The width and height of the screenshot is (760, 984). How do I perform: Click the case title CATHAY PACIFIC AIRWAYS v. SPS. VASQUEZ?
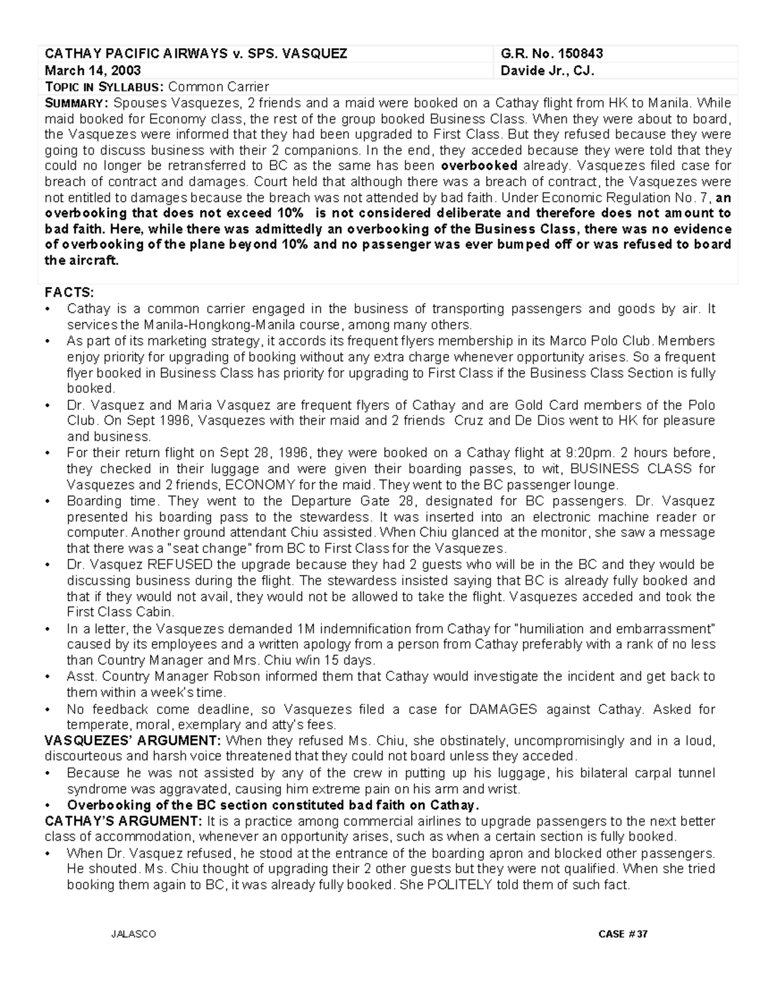pos(196,54)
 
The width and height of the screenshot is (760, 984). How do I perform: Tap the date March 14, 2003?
pos(92,70)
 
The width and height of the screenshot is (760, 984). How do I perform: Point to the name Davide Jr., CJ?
pos(547,70)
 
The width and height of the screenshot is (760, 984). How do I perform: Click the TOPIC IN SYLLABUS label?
pos(104,87)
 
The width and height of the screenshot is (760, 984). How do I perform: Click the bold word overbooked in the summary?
pos(479,166)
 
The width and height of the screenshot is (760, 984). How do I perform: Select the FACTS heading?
pos(68,292)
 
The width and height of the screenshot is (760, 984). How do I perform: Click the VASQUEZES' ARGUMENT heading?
pos(132,741)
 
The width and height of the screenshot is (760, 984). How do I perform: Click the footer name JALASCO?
pos(133,935)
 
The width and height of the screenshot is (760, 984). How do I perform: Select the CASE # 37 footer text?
pos(623,935)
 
